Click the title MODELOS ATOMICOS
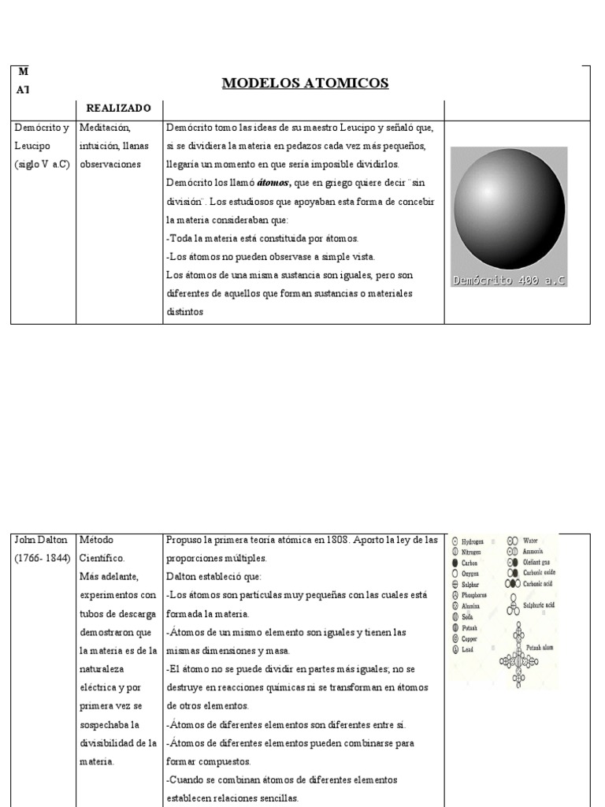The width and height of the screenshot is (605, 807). coord(305,84)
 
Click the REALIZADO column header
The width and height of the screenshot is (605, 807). coord(119,108)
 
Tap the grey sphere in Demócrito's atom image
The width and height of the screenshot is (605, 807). coord(508,210)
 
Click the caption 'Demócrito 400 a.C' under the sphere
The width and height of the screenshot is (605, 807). coord(509,280)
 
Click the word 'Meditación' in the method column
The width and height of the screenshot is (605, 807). coord(105,128)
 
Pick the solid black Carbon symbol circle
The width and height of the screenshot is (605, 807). coord(455,563)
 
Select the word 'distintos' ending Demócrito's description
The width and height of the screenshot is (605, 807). coord(185,311)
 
